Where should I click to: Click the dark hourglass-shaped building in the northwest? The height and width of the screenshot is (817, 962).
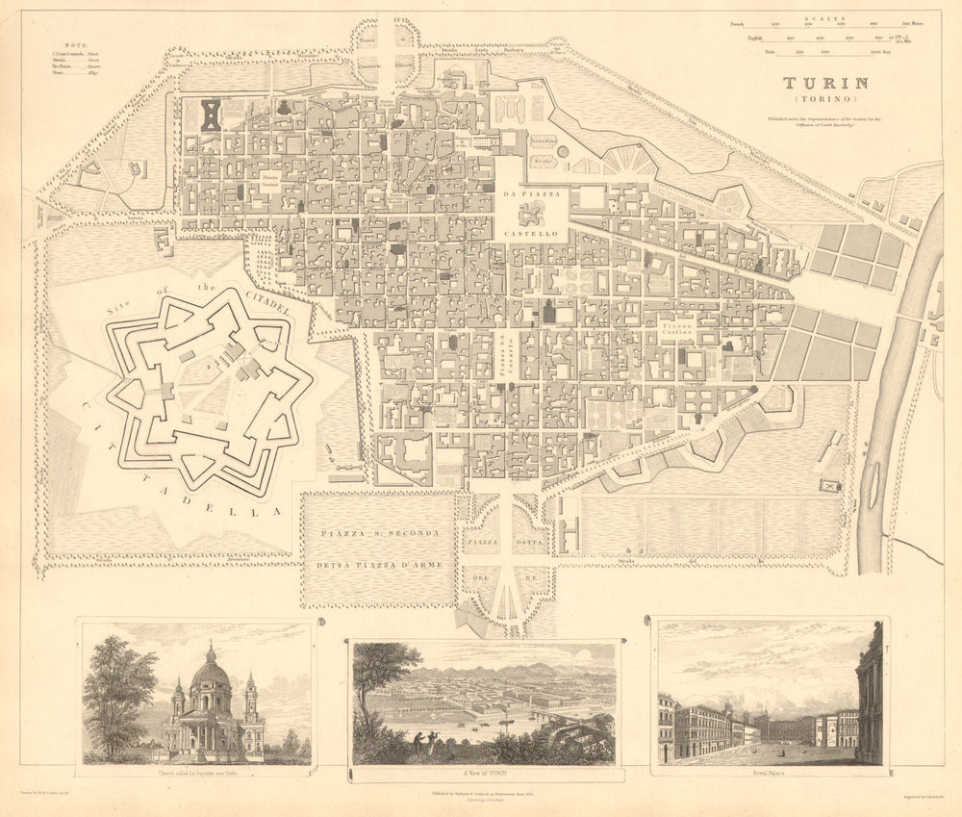click(211, 115)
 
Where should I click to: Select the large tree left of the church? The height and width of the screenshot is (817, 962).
click(118, 693)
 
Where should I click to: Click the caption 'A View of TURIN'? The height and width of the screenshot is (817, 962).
click(484, 773)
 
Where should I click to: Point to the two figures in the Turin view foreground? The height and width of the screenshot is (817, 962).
click(423, 738)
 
